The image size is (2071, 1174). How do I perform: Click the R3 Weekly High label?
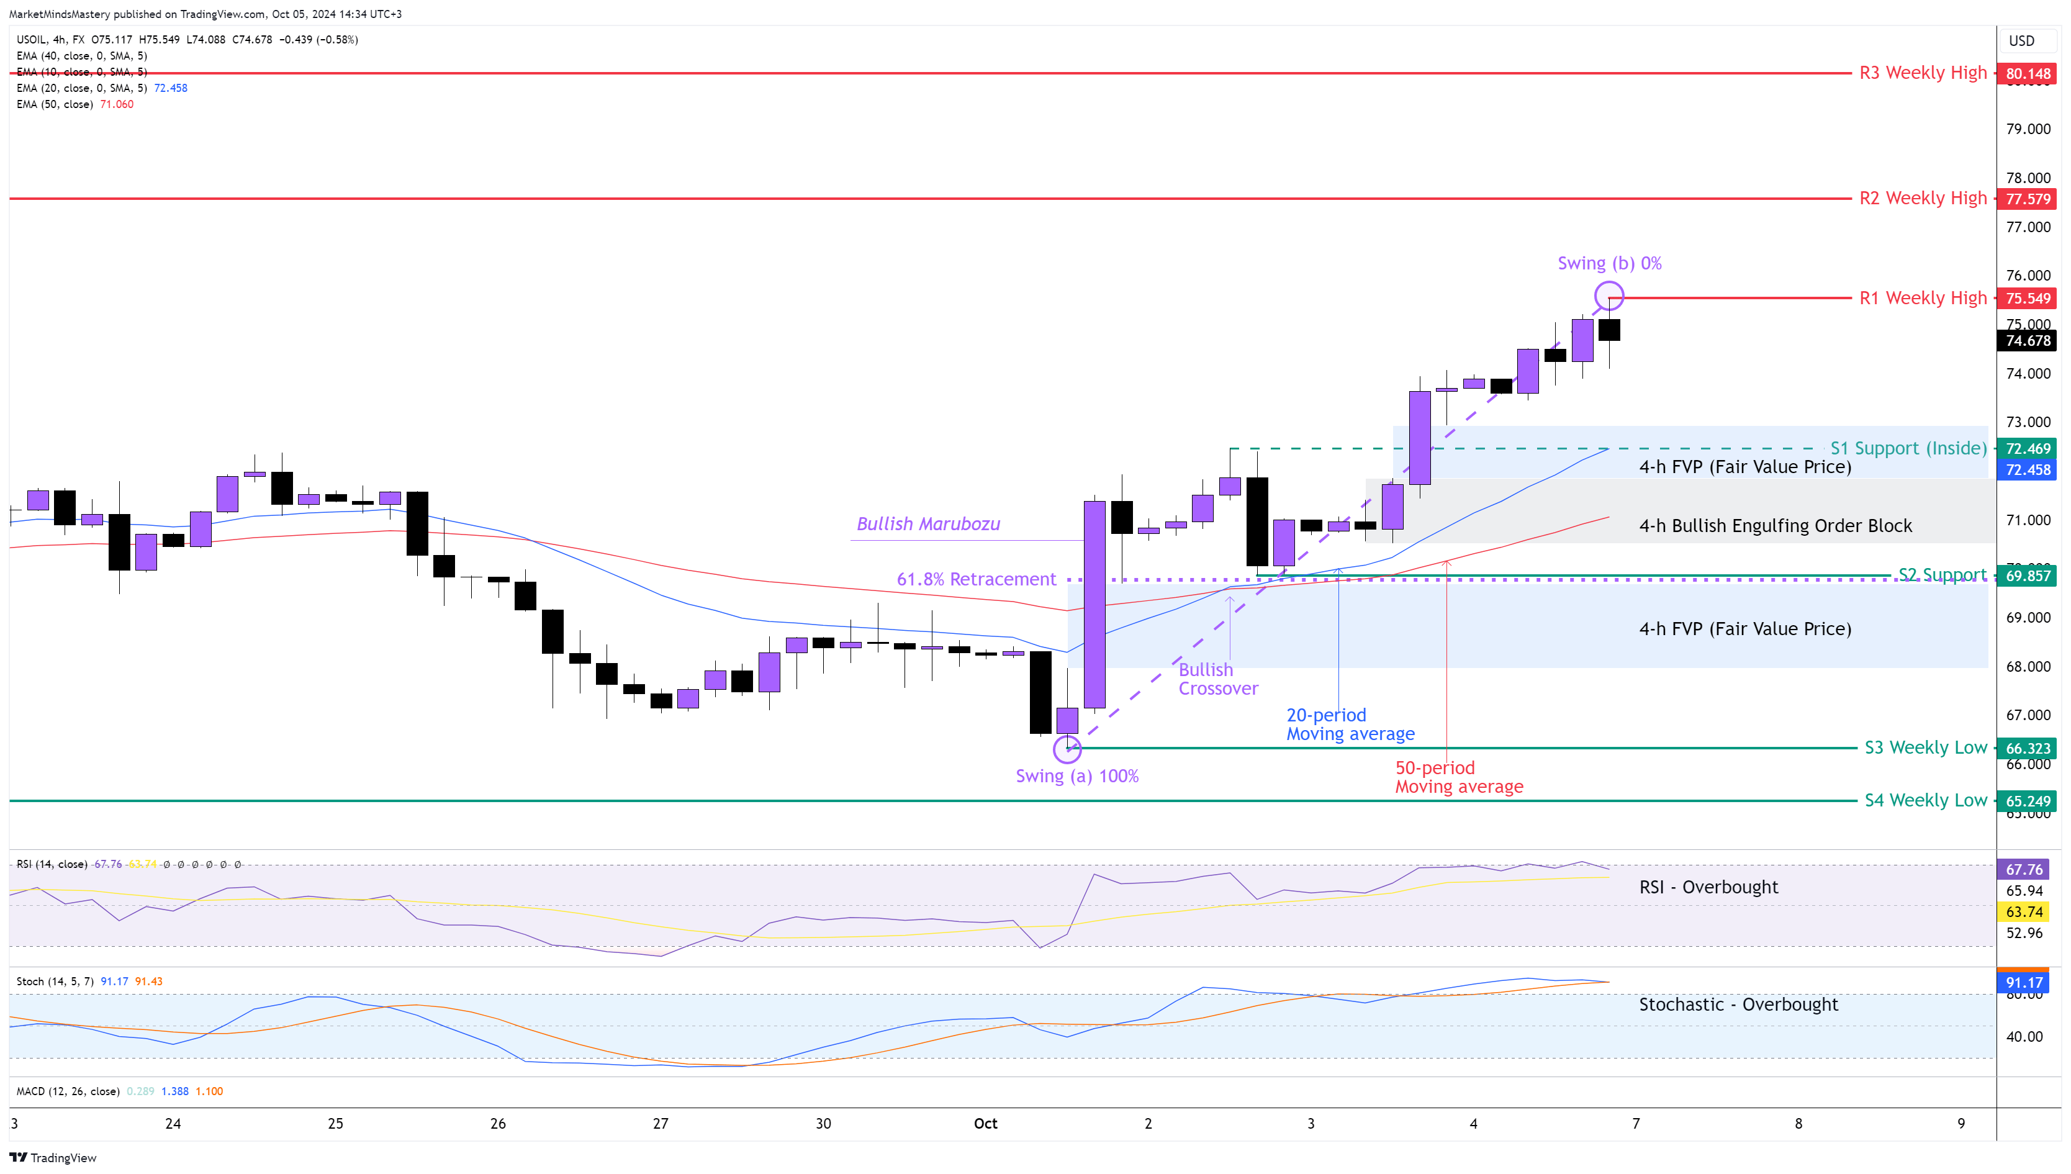[x=1922, y=73]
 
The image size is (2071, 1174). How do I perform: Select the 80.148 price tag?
[x=2027, y=73]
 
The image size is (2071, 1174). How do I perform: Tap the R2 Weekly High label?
[x=1922, y=198]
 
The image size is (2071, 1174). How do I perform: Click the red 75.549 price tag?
[x=2027, y=299]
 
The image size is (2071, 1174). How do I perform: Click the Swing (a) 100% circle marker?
[x=1067, y=750]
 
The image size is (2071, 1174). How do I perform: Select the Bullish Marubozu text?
[x=928, y=524]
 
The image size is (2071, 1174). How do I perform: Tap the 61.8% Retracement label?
[x=975, y=579]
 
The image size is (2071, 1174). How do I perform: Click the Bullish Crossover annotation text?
[x=1217, y=679]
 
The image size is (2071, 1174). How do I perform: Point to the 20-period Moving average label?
[x=1350, y=724]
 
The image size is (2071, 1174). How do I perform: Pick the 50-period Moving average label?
[x=1458, y=777]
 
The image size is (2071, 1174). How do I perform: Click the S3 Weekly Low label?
[x=1925, y=747]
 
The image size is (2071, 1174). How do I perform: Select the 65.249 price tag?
[x=2027, y=801]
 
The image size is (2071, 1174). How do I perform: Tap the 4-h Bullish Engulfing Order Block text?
[x=1775, y=526]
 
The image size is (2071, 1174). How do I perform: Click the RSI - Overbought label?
[x=1708, y=887]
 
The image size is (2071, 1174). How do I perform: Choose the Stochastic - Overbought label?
[x=1738, y=1005]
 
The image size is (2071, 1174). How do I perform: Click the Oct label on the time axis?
[x=985, y=1123]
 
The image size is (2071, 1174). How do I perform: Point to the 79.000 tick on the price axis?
[x=2028, y=129]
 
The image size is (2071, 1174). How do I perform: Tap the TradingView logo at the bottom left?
[x=53, y=1158]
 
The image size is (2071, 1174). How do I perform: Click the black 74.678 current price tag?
[x=2027, y=341]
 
